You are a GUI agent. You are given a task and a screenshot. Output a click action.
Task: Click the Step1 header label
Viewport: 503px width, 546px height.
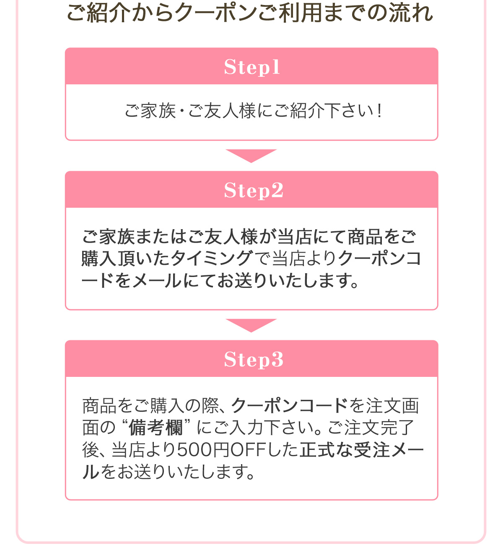coord(251,67)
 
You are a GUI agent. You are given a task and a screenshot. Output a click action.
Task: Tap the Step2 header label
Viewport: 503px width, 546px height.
coord(253,190)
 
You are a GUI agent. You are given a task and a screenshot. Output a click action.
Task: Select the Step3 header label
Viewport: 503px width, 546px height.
coord(253,359)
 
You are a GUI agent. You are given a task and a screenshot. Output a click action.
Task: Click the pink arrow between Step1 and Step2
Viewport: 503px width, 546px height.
coord(251,156)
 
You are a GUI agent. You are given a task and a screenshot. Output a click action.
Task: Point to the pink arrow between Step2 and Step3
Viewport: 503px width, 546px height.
coord(251,325)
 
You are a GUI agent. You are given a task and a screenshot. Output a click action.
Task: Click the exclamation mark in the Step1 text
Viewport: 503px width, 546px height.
coord(379,110)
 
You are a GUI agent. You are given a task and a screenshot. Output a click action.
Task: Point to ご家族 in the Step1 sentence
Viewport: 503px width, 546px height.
coord(150,110)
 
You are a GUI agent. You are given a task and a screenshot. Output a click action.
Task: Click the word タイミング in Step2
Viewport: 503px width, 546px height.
coord(211,259)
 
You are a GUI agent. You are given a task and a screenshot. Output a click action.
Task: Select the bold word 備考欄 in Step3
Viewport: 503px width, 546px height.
coord(156,428)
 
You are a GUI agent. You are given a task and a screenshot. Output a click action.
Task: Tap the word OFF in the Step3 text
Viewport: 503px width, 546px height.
coord(248,450)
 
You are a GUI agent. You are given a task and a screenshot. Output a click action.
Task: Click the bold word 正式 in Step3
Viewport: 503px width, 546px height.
coord(316,450)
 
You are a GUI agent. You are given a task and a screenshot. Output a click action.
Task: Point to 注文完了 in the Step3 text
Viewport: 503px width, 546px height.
coord(379,428)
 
